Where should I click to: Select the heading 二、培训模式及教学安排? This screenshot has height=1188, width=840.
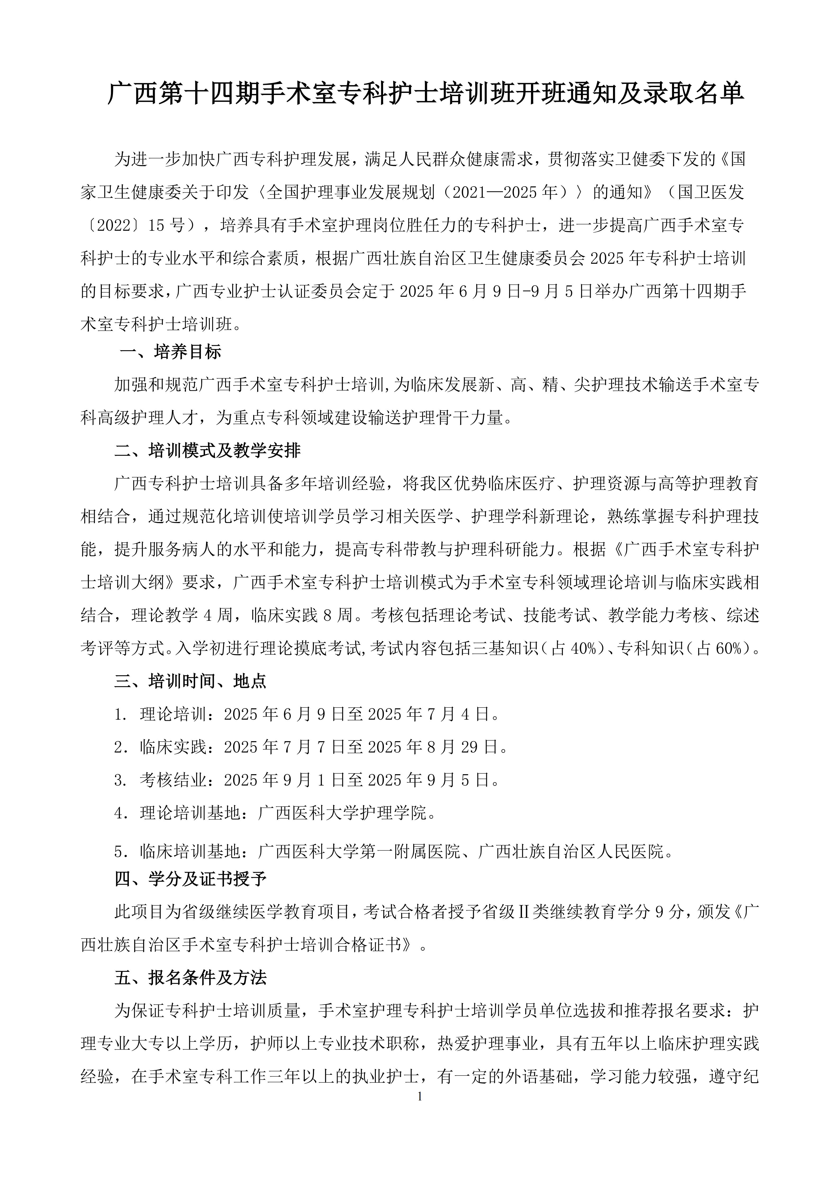coord(207,451)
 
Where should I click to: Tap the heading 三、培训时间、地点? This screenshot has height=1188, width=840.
coord(190,681)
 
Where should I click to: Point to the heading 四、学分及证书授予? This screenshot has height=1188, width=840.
coord(190,879)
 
